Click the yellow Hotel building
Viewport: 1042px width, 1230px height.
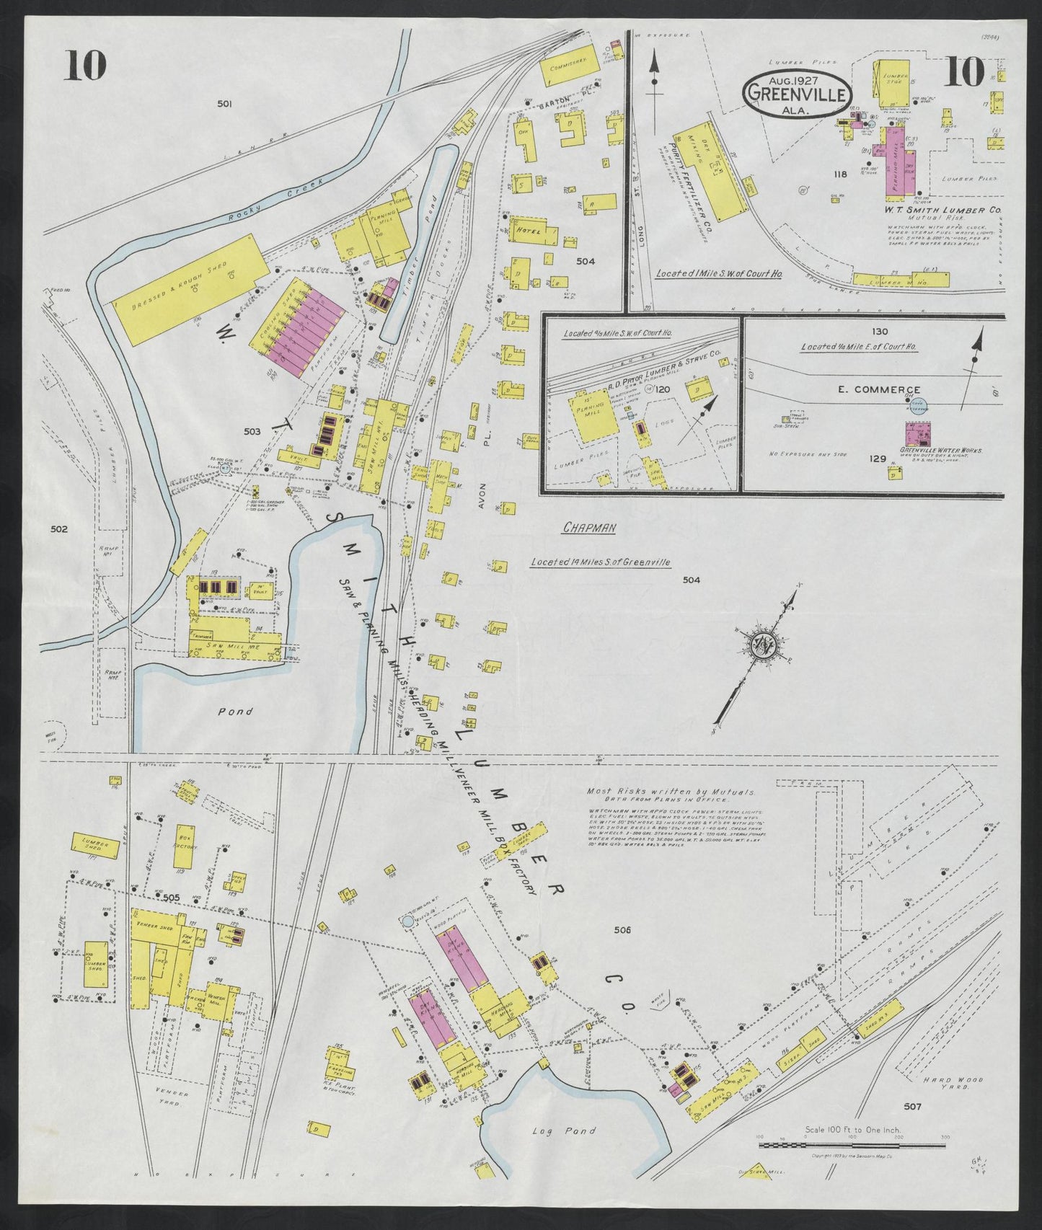click(533, 232)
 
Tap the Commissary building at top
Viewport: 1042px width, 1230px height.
click(570, 66)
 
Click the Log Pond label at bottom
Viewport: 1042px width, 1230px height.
click(557, 1132)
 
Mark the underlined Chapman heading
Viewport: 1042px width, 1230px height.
click(589, 528)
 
